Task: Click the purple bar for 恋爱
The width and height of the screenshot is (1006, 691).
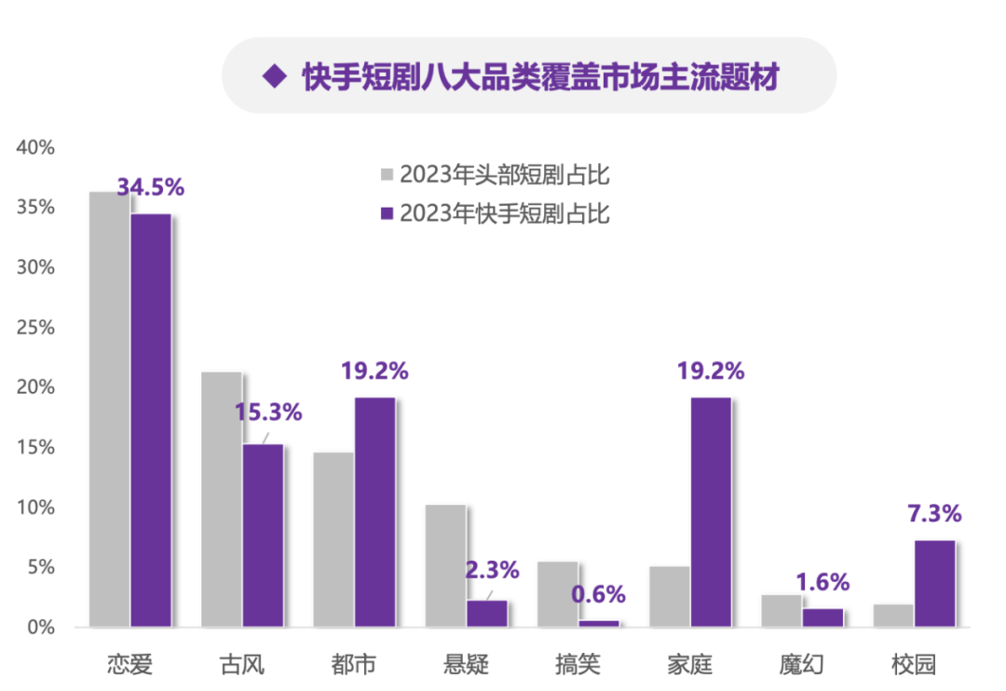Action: (151, 420)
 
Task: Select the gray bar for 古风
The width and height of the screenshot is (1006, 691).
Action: (222, 499)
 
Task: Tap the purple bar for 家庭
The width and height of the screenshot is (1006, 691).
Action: (711, 511)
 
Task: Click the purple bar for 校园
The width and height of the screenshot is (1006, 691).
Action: (934, 583)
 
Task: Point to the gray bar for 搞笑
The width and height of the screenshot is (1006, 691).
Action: (557, 594)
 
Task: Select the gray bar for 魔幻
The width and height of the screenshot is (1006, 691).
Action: (781, 610)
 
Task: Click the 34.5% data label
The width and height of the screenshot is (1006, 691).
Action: (151, 187)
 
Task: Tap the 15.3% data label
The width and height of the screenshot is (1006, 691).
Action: (267, 413)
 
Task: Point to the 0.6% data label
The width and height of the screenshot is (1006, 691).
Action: (598, 594)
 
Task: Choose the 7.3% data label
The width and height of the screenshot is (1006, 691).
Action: (934, 513)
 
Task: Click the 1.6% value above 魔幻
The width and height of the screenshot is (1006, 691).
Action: (822, 582)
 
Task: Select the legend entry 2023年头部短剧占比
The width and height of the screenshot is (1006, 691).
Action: (494, 174)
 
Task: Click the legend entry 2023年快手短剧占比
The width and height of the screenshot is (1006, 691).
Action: (494, 213)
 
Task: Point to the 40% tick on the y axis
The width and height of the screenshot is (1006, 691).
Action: (36, 147)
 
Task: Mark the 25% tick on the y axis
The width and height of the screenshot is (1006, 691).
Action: (36, 328)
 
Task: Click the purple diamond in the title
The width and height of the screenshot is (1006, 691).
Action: (274, 76)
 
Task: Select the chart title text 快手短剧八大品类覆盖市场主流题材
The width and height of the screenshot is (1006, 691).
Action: (540, 76)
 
